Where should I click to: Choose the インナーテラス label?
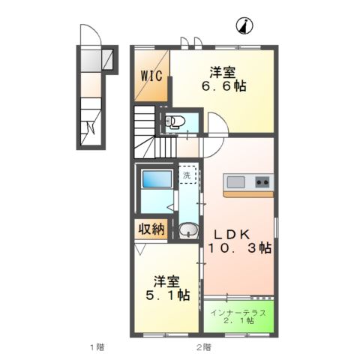(x=237, y=311)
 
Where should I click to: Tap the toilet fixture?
(x=174, y=122)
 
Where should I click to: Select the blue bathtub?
(x=156, y=180)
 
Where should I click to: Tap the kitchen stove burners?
(x=262, y=181)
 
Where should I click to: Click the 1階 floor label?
(x=96, y=346)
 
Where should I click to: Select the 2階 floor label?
(x=203, y=346)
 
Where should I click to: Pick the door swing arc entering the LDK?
(x=215, y=124)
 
